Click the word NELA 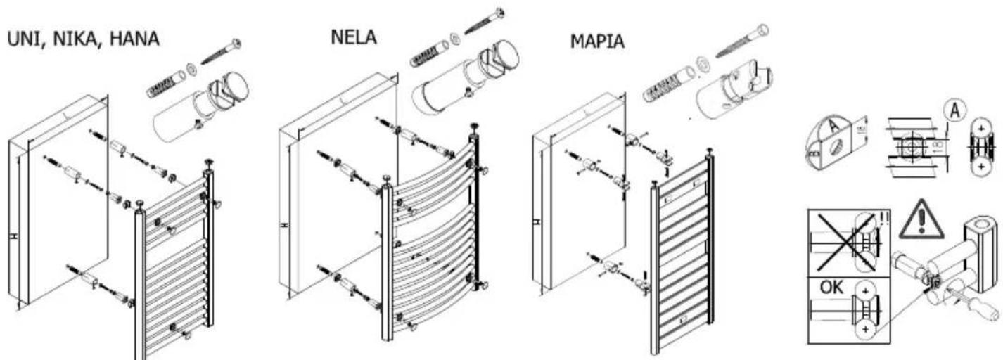(354, 37)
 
